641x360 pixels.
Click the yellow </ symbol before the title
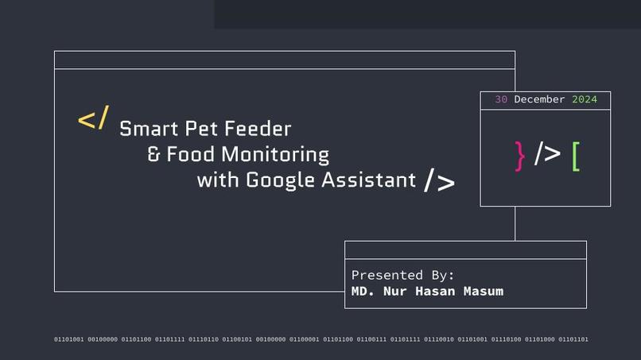(93, 119)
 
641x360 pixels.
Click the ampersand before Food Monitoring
(154, 154)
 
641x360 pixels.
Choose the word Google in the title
(281, 180)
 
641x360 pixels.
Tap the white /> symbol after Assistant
(439, 181)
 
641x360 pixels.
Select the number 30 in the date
(501, 100)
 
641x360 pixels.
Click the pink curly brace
(520, 155)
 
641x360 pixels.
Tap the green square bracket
(576, 156)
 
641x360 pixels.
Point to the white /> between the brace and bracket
(547, 154)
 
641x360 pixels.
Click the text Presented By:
(402, 275)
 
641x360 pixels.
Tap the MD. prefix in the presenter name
(363, 291)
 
